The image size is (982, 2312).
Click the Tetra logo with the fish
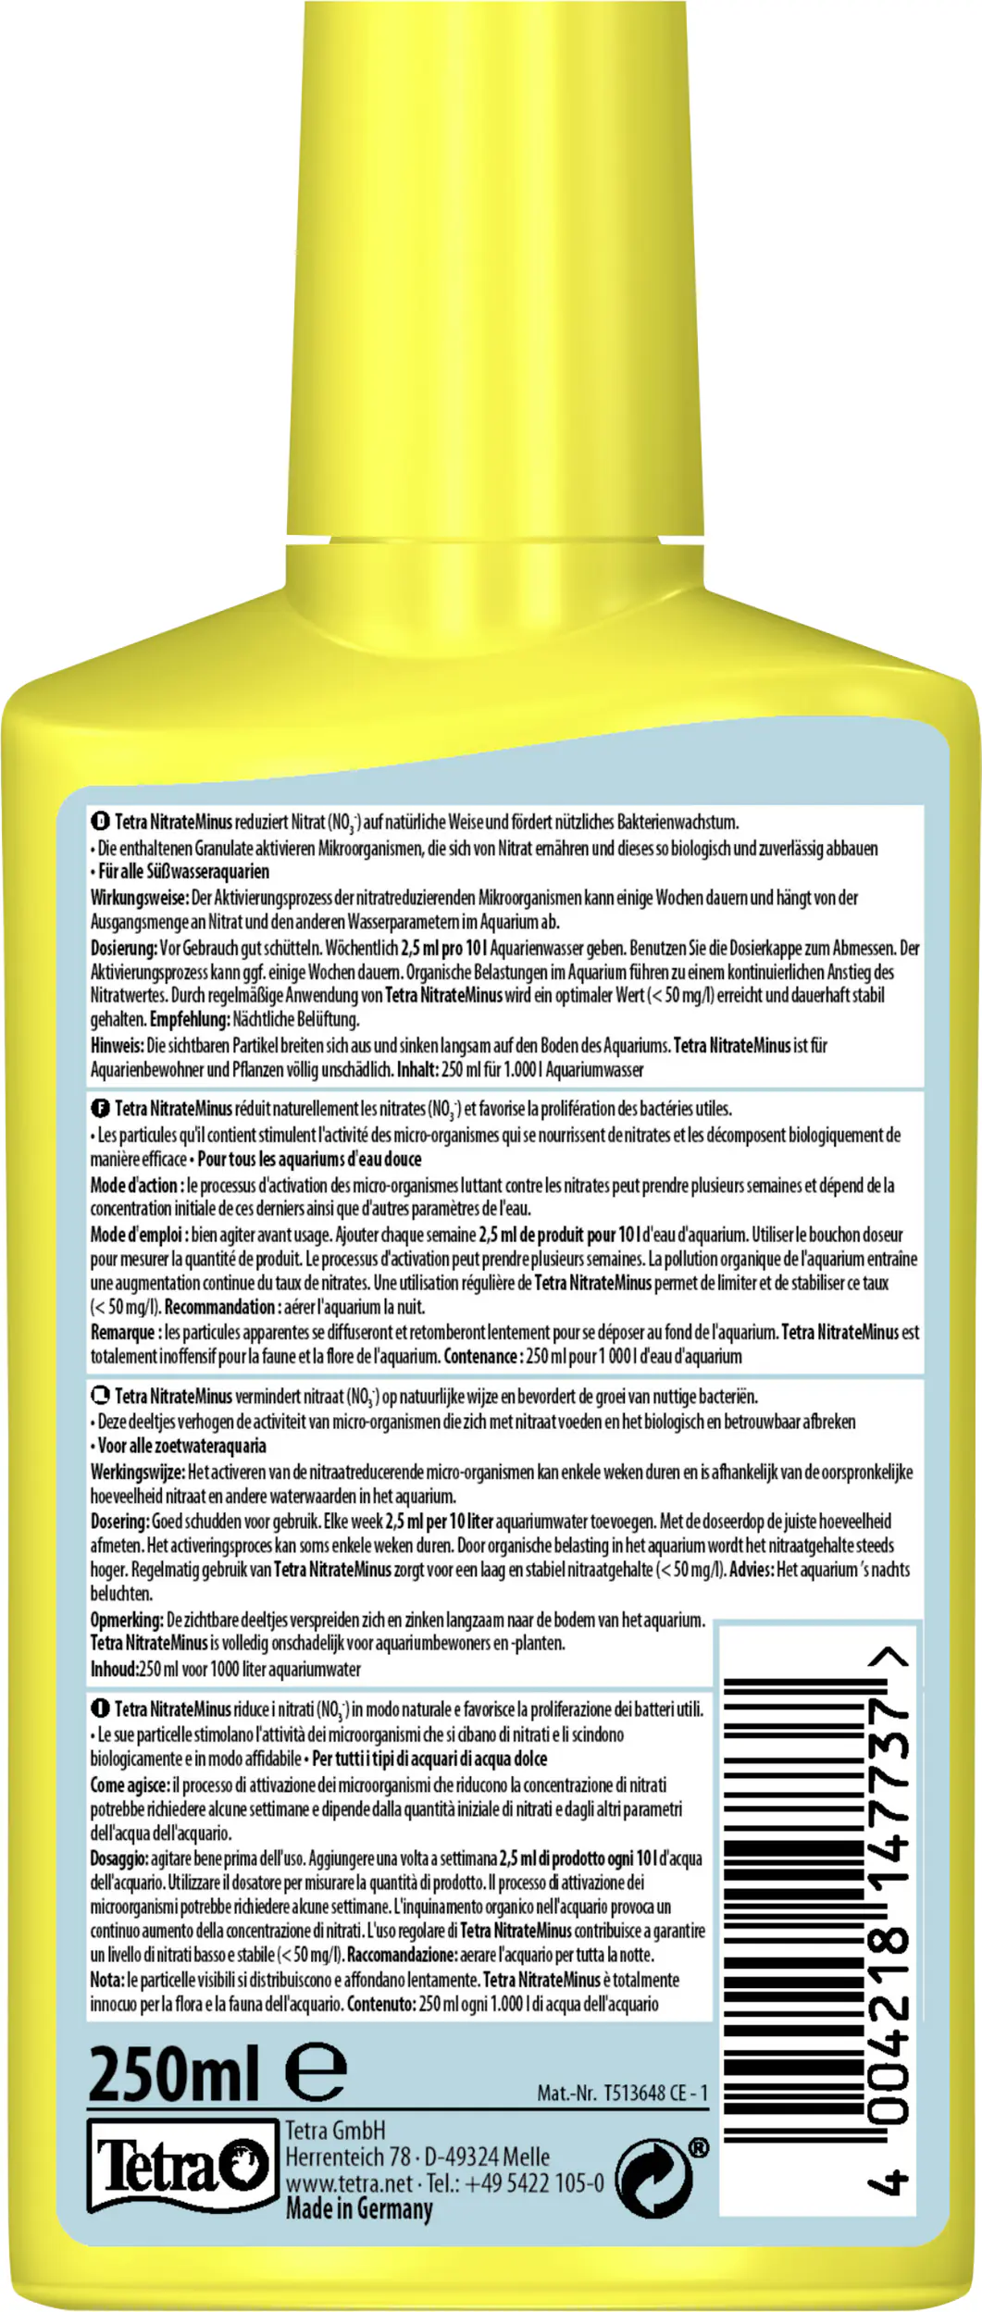coord(182,2166)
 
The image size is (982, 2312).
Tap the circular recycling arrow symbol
coord(653,2179)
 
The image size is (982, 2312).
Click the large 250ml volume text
coord(173,2075)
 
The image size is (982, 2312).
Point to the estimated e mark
coord(316,2071)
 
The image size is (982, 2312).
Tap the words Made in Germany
coord(358,2209)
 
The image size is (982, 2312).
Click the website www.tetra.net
coord(349,2183)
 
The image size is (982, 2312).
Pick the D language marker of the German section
coord(100,821)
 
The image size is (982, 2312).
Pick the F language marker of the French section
coord(100,1108)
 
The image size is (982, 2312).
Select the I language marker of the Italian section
coord(100,1709)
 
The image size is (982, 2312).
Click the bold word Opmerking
coord(127,1620)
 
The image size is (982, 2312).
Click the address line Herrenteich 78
coord(347,2157)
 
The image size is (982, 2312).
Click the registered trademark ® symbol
coord(699,2148)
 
